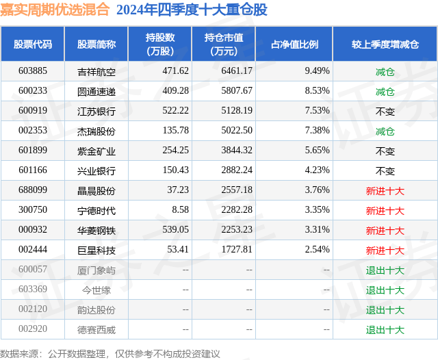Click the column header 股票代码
pos(33,44)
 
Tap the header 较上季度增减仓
pos(385,44)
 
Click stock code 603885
pos(33,71)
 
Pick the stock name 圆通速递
pos(96,91)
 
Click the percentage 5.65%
pos(317,151)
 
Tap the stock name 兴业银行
pos(96,170)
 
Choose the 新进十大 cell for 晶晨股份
pos(385,191)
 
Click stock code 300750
pos(33,211)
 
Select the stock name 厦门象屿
pos(96,270)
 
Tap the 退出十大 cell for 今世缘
pos(385,290)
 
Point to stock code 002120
pos(33,310)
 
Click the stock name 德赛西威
pos(96,330)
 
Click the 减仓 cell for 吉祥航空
pos(385,71)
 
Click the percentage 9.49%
pos(317,71)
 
